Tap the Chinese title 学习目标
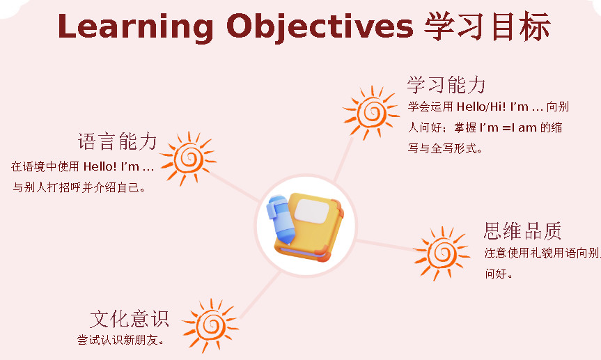(x=487, y=26)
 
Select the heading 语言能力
(x=117, y=141)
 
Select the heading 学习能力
(x=446, y=84)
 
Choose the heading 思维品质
(x=522, y=230)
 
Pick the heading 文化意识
(x=130, y=319)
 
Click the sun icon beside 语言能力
(x=188, y=158)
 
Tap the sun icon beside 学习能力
(x=371, y=112)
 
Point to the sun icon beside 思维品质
(x=442, y=253)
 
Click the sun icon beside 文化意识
(x=210, y=325)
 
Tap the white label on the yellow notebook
(x=312, y=211)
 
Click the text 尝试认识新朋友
(x=120, y=340)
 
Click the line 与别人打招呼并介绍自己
(x=79, y=187)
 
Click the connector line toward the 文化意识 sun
(x=260, y=295)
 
